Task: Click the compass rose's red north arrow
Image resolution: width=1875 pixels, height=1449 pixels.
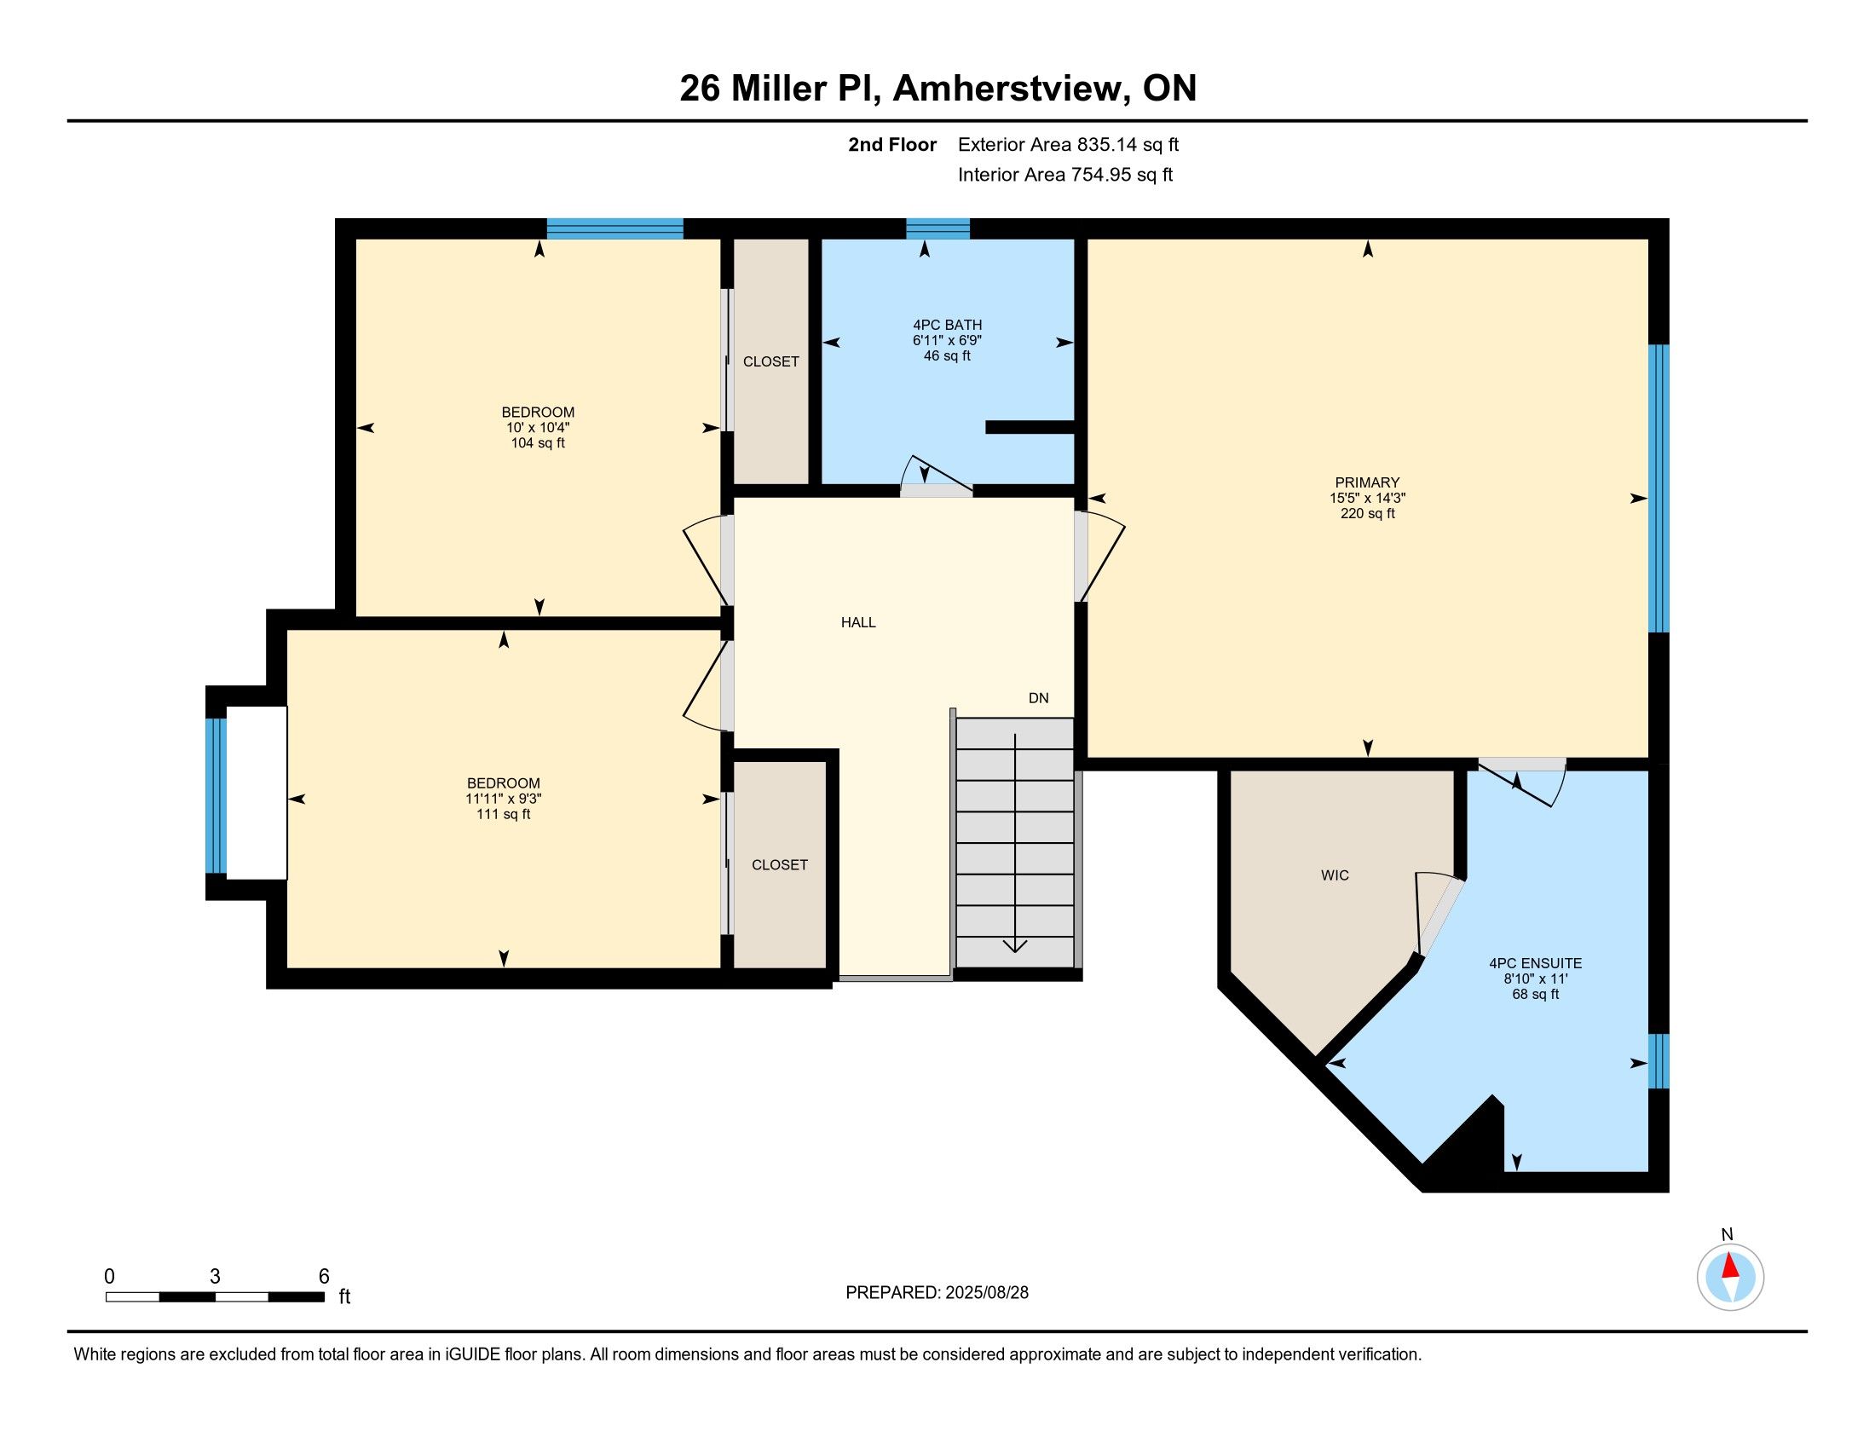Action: point(1730,1267)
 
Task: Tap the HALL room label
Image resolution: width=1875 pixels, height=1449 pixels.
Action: point(858,622)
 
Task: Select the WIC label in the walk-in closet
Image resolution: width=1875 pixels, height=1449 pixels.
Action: point(1335,875)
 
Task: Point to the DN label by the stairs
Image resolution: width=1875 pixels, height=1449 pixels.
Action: point(1039,698)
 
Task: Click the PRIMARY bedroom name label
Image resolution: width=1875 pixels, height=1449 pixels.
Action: point(1368,482)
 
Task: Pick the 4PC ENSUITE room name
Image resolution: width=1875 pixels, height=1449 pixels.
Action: point(1536,963)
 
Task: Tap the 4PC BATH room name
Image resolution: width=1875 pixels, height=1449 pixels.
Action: point(948,325)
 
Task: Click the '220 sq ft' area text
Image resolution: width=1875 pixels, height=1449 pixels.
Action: point(1368,513)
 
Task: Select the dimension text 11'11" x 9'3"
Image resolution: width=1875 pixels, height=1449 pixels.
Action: point(504,799)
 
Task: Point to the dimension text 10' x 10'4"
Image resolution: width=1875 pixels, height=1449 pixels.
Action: point(539,428)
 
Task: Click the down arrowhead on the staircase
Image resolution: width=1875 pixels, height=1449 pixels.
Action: point(1016,946)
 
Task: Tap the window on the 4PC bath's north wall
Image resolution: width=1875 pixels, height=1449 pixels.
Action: point(938,228)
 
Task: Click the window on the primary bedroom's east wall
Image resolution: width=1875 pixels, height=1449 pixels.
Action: point(1659,488)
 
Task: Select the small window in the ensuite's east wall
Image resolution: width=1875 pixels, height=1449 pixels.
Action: point(1659,1061)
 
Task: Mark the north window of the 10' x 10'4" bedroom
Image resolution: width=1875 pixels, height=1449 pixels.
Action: point(614,228)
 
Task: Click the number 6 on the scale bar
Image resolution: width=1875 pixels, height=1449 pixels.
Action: point(324,1277)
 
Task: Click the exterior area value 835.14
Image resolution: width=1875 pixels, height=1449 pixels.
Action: point(1105,144)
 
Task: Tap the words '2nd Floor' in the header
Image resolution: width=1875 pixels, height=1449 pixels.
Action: point(892,144)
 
